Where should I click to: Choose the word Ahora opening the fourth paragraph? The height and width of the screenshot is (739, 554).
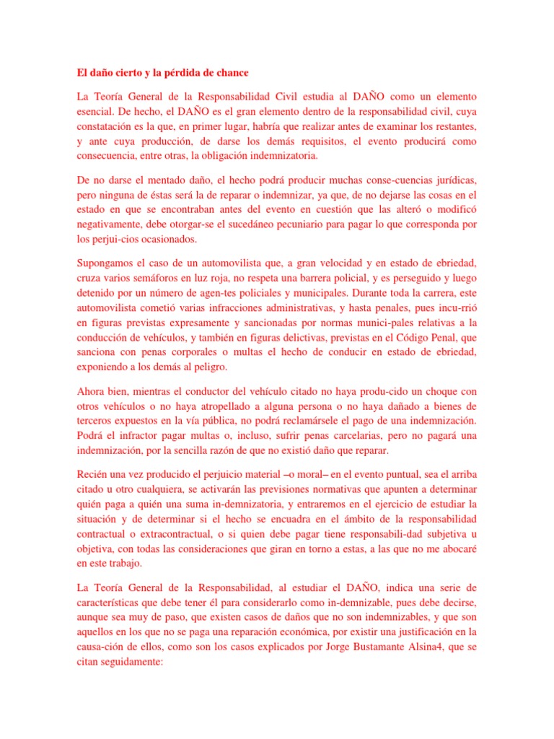[92, 392]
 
